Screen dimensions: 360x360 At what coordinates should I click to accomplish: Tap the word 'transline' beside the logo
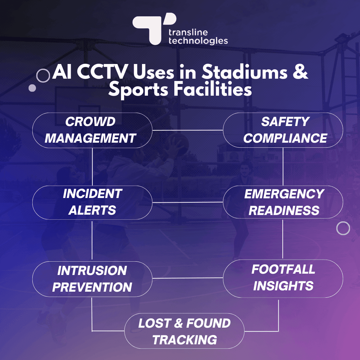[188, 32]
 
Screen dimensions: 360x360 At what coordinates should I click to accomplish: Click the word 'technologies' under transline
[198, 41]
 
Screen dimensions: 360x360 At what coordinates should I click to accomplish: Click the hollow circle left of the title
[43, 76]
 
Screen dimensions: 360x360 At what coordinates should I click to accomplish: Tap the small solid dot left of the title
[32, 88]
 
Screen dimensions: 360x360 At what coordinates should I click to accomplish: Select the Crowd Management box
[92, 130]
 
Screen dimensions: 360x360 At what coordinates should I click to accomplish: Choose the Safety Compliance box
[283, 130]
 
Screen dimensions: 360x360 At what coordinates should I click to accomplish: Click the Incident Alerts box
[92, 202]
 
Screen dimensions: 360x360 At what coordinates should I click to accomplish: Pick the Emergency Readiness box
[283, 202]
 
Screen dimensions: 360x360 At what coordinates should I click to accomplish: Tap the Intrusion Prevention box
[92, 279]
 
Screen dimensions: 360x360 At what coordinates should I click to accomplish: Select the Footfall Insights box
[283, 278]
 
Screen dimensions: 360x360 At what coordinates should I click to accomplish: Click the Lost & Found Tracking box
[184, 331]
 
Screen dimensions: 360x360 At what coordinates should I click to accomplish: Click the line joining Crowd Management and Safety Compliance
[187, 130]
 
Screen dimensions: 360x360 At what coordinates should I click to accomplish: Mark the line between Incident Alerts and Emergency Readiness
[187, 202]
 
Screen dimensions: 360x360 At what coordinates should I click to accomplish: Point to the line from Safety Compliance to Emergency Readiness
[283, 166]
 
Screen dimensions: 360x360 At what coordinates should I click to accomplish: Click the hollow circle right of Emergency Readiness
[343, 228]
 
